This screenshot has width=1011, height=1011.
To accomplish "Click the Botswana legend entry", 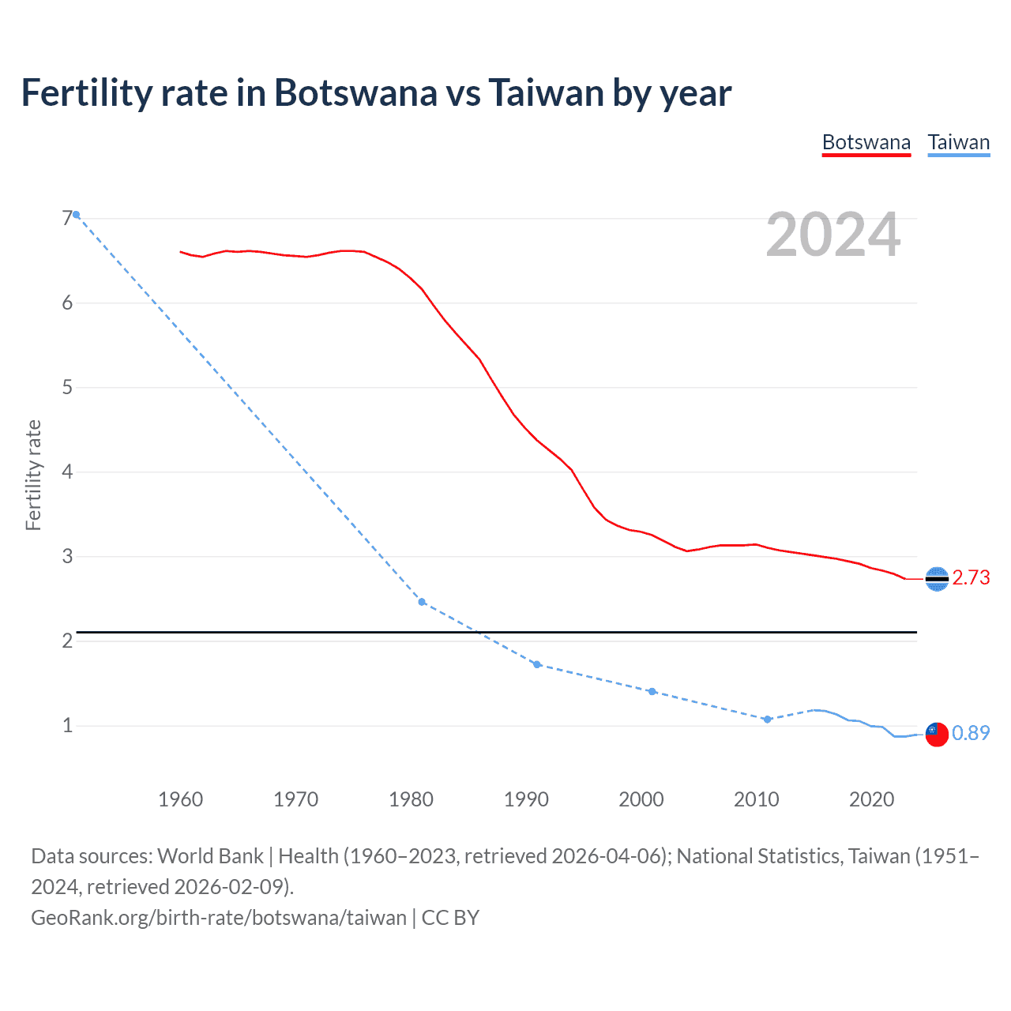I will coord(866,142).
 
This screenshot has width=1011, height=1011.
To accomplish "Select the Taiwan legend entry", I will coord(958,142).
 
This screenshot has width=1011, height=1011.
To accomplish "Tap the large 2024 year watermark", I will coord(833,235).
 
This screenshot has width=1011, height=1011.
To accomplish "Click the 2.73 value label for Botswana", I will coord(971,578).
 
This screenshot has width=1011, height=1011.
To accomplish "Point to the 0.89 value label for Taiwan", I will coord(971,734).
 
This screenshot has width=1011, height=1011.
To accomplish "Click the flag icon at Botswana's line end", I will coord(937,579).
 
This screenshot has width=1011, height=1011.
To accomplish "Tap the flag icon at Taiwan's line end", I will coord(937,734).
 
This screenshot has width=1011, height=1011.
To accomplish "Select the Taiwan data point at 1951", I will coord(77,215).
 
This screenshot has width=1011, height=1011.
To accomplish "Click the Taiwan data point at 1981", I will coord(422,602).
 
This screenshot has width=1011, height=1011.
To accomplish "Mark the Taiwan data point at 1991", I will coord(537,664).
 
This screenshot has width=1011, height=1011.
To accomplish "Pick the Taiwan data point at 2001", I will coord(652,691).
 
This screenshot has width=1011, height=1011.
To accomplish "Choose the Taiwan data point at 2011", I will coord(767,719).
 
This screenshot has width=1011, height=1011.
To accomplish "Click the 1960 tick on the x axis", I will coord(181,799).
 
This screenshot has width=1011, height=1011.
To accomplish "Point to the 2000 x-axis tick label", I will coord(641,799).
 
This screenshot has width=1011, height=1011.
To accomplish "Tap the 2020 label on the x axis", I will coord(871,799).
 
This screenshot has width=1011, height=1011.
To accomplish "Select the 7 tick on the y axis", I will coord(67,219).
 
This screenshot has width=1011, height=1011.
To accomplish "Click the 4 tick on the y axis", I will coord(67,472).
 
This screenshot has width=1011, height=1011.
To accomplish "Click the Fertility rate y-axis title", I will coord(33,475).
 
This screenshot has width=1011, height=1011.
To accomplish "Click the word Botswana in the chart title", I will coord(355,93).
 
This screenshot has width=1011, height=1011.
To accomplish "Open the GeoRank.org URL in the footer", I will coord(219,917).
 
